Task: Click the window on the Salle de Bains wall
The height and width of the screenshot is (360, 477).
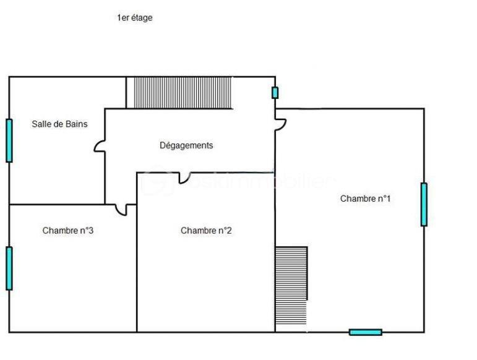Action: click(x=9, y=140)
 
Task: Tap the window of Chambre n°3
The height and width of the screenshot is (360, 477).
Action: click(x=9, y=268)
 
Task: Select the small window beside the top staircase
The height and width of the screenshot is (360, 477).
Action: click(x=275, y=93)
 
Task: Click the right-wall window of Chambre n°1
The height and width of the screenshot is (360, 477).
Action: click(x=424, y=204)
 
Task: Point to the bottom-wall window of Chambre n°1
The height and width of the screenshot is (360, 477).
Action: click(x=365, y=332)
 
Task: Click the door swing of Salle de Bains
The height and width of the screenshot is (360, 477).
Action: click(x=99, y=146)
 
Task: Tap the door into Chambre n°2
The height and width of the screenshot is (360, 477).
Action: click(x=184, y=178)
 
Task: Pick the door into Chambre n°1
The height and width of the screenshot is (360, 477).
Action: click(x=281, y=124)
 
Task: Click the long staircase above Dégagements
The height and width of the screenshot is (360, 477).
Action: click(x=183, y=93)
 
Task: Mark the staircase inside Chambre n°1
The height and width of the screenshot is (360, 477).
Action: click(x=291, y=286)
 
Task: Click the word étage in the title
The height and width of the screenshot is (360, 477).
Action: click(x=141, y=18)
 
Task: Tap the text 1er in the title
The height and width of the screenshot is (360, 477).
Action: click(x=122, y=18)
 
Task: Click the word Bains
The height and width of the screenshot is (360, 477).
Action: click(x=76, y=124)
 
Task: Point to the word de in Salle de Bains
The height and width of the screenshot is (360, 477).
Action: click(x=58, y=124)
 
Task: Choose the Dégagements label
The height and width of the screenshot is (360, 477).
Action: click(x=186, y=145)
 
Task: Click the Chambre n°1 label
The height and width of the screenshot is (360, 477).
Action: click(x=365, y=199)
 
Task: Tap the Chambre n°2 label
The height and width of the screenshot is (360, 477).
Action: click(x=206, y=231)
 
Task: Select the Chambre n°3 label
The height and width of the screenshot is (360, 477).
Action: click(x=67, y=231)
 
